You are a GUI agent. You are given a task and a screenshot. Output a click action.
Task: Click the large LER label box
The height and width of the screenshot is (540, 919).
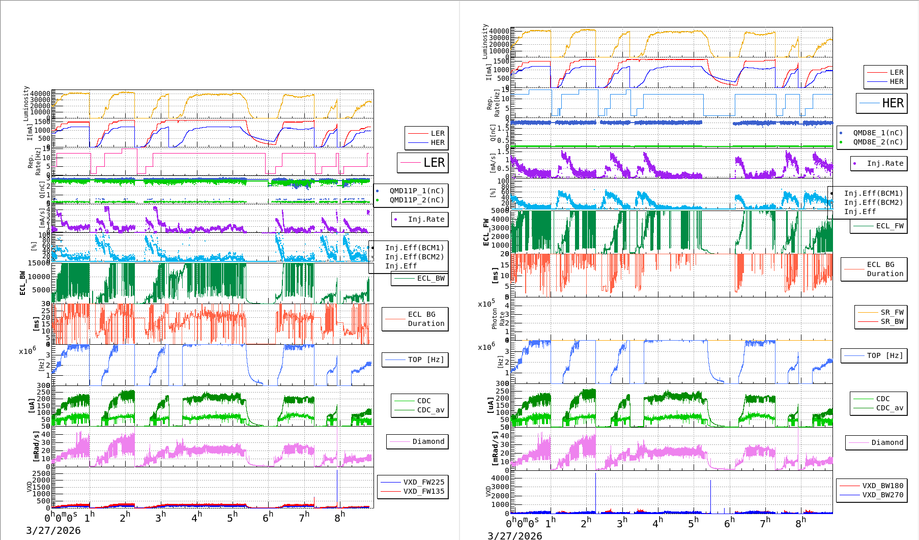click(423, 163)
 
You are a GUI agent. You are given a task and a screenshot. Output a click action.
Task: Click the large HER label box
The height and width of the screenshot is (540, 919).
click(882, 103)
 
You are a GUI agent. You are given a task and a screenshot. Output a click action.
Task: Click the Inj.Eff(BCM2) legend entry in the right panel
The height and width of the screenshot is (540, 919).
click(873, 203)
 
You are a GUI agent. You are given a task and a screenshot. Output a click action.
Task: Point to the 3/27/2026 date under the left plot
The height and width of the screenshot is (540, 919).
click(53, 531)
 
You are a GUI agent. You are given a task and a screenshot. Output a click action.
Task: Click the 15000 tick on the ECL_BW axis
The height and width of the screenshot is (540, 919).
click(39, 263)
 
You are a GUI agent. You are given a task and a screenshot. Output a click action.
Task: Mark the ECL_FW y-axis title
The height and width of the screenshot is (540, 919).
click(486, 232)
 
